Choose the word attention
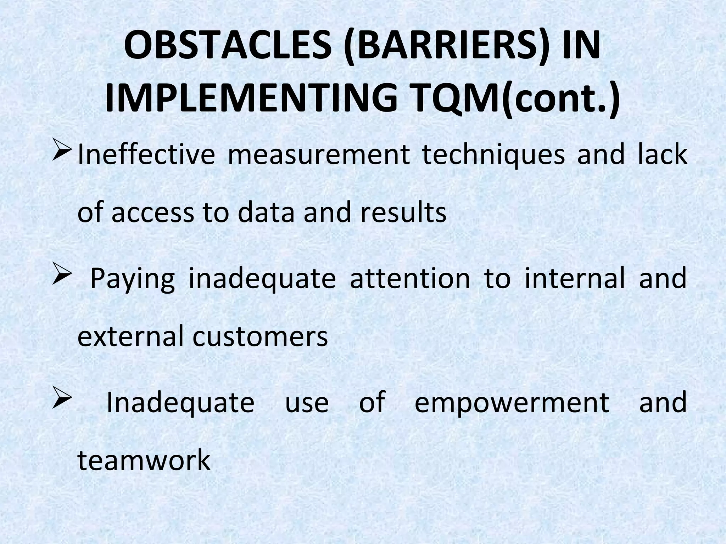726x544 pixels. pos(410,278)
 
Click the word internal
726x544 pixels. pos(574,278)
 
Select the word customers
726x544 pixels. pos(260,336)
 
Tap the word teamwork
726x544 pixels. pos(144,460)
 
